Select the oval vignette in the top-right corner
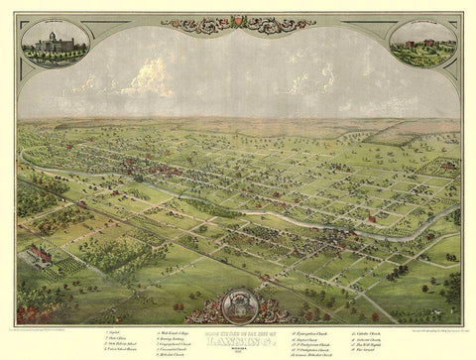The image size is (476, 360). point(423,44)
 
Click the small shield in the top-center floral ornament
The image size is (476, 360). point(237,21)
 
